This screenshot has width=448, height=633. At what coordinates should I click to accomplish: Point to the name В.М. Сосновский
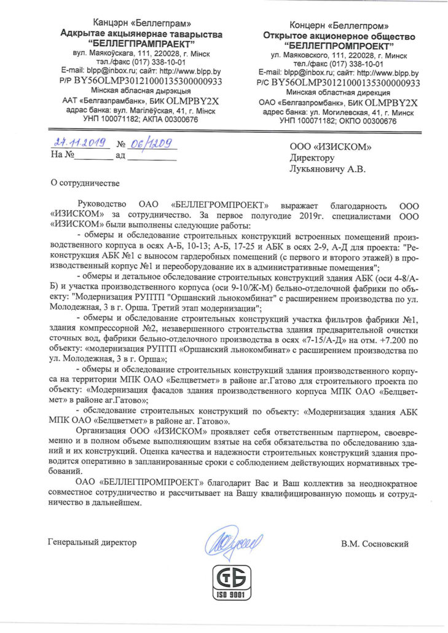tap(375, 543)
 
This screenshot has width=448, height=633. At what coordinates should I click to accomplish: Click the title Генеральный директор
tap(92, 542)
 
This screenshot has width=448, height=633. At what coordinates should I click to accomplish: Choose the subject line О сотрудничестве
tap(85, 182)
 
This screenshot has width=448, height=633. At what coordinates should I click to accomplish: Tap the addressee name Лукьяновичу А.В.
tap(331, 168)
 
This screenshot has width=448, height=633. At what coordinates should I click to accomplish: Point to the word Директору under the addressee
tap(313, 157)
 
